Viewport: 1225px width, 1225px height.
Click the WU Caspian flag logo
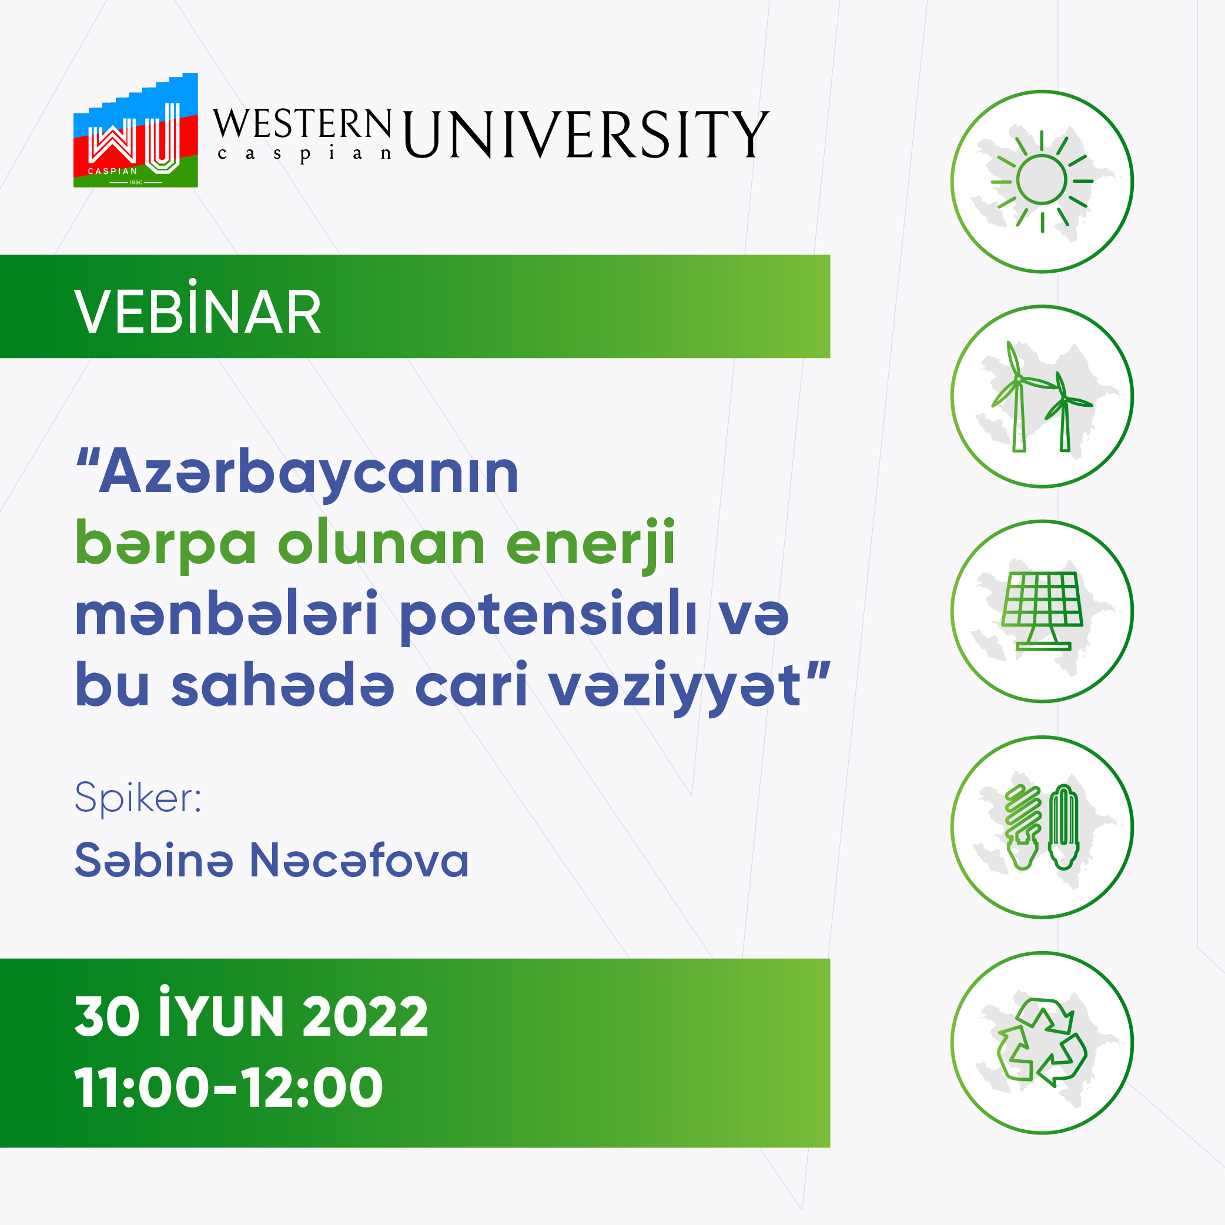(x=136, y=130)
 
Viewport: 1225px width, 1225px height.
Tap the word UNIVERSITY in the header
(x=586, y=134)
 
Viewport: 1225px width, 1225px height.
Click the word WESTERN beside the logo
(x=302, y=123)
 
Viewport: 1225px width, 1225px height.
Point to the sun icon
(x=1042, y=182)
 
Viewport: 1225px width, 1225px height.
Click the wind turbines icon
(x=1042, y=396)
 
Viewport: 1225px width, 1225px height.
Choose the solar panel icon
(x=1042, y=611)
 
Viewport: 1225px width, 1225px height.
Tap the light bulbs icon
(x=1042, y=827)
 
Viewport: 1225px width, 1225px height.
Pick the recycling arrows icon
(x=1042, y=1040)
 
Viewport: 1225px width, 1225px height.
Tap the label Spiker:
(x=138, y=798)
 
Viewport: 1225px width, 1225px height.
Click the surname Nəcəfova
(x=360, y=861)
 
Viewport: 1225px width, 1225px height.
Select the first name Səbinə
(x=154, y=861)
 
